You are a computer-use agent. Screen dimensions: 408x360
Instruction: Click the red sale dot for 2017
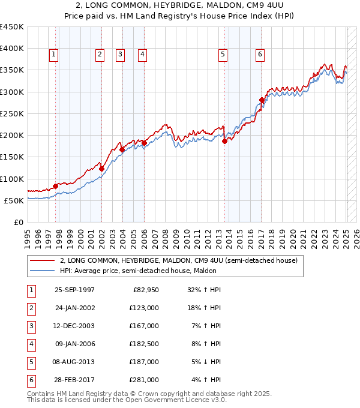262,100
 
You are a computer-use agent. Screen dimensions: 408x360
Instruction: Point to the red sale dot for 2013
224,141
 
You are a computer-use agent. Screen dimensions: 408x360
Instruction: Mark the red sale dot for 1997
56,186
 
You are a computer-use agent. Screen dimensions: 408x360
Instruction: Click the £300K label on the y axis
11,92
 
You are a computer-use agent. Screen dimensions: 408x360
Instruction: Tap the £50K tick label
14,200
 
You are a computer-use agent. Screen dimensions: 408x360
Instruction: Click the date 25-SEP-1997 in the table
74,290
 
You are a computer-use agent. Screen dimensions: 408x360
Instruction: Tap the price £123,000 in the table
145,308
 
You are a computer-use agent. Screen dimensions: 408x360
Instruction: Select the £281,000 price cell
145,380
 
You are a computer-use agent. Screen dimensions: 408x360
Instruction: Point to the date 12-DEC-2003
74,326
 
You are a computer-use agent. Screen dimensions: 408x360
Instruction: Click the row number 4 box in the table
30,344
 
